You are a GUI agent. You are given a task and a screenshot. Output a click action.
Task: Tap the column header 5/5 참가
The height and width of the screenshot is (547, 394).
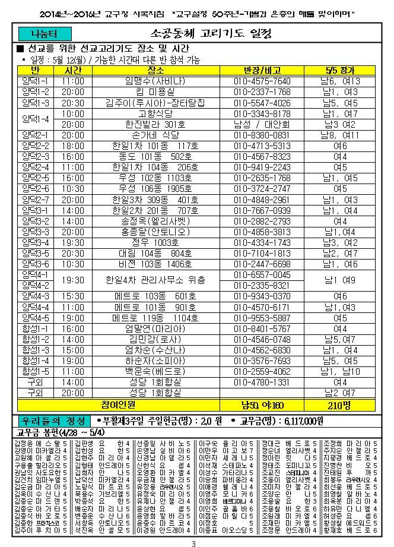tap(339, 70)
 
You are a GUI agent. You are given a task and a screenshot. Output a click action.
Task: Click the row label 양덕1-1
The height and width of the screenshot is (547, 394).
tap(35, 80)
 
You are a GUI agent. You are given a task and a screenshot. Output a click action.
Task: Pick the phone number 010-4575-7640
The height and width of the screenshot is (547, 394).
tap(262, 80)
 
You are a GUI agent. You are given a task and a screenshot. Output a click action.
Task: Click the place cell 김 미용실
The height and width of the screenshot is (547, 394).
tap(157, 91)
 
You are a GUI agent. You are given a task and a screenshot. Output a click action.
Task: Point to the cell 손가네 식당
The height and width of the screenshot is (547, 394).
tap(157, 135)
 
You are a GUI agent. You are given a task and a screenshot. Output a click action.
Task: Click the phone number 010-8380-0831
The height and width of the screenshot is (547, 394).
tap(262, 135)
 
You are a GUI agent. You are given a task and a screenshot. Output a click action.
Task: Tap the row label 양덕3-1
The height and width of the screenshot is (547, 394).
tap(35, 210)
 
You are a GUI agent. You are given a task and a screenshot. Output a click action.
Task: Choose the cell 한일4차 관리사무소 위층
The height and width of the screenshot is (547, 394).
tap(157, 280)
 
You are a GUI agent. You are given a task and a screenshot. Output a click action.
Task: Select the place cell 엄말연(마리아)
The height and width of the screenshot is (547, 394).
tap(157, 328)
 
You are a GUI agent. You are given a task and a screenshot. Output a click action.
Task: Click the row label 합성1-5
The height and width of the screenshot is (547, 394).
tap(35, 371)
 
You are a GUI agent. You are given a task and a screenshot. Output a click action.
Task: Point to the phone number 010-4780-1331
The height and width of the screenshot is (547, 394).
tap(262, 382)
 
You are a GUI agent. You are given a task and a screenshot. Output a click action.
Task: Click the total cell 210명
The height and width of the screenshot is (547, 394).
tap(339, 405)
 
